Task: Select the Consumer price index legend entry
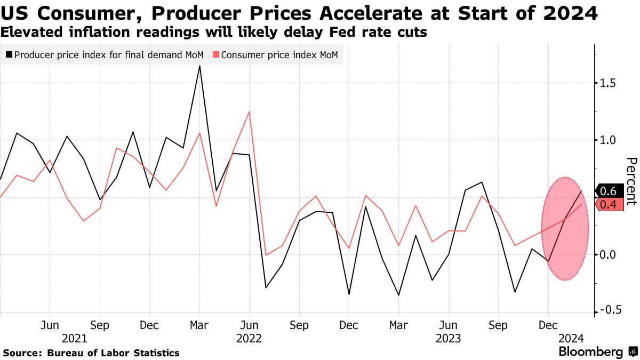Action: coord(278,54)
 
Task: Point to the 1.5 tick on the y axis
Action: coord(608,83)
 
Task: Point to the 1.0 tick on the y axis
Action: coord(608,140)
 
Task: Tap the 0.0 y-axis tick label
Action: coord(608,255)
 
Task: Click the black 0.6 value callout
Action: coord(609,191)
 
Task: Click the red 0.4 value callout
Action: coord(609,204)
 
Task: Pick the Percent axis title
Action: coord(631,181)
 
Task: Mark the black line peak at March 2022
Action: coord(199,66)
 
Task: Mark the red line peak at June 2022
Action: coord(249,112)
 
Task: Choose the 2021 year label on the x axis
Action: coord(75,338)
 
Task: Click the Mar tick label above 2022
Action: coord(199,325)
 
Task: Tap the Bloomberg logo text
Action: coord(590,352)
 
